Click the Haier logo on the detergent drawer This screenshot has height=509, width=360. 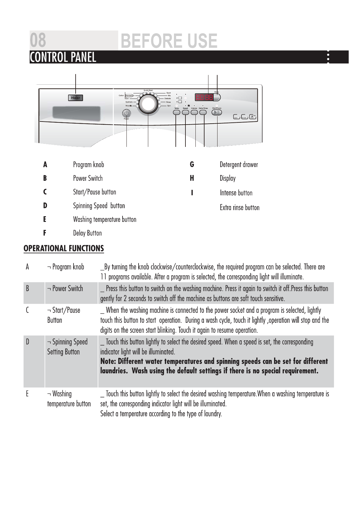75,98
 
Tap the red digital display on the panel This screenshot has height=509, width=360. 204,98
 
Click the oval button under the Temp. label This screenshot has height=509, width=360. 176,112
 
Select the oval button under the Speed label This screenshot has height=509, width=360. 185,112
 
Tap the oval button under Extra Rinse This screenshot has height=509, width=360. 203,112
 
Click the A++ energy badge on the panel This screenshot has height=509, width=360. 253,117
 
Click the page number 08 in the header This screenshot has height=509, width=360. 38,41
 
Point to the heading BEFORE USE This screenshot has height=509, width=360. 169,41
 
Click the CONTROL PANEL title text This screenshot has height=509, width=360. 63,57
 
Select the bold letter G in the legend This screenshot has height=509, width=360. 192,165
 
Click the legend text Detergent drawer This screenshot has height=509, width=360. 239,165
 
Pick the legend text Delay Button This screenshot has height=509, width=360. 87,233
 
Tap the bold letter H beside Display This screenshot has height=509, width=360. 192,178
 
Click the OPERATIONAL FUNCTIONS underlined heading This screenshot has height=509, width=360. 64,248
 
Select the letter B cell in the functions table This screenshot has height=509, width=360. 28,288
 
